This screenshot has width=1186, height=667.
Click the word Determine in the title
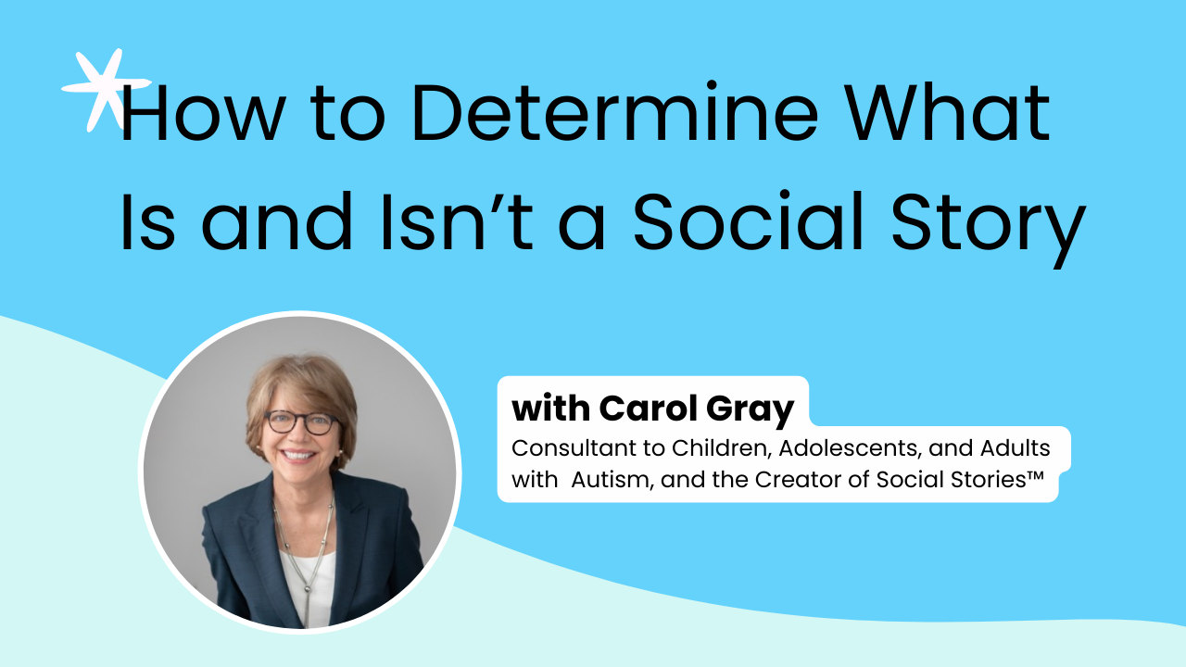click(614, 113)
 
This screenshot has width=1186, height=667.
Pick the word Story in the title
click(989, 229)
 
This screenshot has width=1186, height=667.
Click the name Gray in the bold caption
click(750, 410)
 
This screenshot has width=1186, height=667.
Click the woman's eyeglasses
click(301, 423)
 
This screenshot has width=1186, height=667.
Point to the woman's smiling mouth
click(298, 455)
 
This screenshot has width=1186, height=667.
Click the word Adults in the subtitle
click(1015, 448)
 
